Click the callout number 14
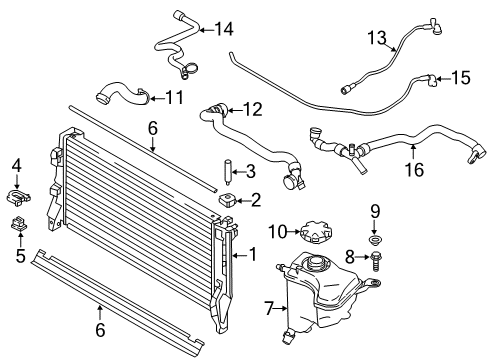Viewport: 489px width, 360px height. tap(224, 29)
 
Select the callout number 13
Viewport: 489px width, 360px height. tap(377, 37)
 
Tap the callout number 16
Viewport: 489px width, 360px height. tap(414, 169)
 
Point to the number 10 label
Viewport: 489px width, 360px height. tap(278, 232)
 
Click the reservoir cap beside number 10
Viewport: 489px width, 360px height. tap(317, 231)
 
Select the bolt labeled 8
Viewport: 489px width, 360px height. tap(375, 261)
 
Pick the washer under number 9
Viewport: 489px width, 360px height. tap(375, 240)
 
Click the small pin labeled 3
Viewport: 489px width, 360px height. tap(228, 172)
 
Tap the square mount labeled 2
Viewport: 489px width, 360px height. tap(227, 200)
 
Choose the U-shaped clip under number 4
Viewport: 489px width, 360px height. tap(18, 196)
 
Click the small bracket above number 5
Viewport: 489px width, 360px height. tap(19, 223)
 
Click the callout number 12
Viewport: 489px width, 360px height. tap(253, 109)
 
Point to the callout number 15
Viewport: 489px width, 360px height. tap(461, 78)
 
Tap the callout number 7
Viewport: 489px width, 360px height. tap(269, 308)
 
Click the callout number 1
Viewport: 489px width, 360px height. tap(253, 255)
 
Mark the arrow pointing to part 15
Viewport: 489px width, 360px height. tap(443, 79)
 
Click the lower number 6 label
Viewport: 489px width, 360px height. tap(100, 330)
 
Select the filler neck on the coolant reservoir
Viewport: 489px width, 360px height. tap(315, 262)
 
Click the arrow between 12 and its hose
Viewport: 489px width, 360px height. tap(235, 110)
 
